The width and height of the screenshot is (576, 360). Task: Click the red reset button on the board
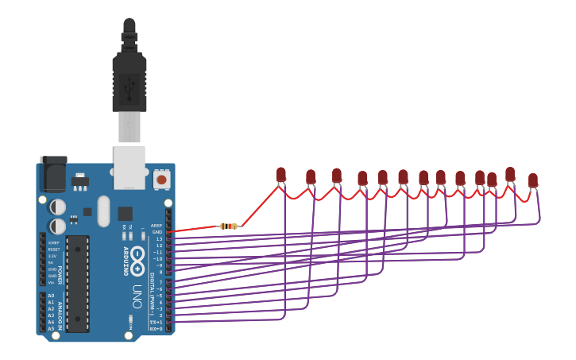[x=162, y=180]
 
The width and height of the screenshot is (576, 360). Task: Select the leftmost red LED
[x=280, y=174]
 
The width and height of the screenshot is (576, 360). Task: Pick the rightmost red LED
[x=533, y=180]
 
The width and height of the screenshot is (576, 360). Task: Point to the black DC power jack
[x=53, y=174]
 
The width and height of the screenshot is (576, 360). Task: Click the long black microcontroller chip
[x=77, y=282]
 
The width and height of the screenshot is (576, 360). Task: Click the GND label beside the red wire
[x=157, y=232]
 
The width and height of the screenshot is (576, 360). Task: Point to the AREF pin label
[x=157, y=226]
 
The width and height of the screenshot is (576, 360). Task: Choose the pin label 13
[x=158, y=238]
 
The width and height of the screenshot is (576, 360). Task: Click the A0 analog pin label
[x=51, y=296]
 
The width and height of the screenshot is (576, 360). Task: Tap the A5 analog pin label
[x=51, y=328]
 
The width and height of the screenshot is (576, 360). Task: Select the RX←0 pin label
[x=157, y=328]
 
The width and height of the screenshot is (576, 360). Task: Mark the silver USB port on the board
[x=130, y=166]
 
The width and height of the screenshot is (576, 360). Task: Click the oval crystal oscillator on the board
[x=103, y=211]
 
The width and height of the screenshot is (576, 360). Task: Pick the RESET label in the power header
[x=53, y=249]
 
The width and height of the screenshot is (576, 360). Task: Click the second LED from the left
[x=311, y=176]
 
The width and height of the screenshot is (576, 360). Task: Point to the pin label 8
[x=159, y=272]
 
